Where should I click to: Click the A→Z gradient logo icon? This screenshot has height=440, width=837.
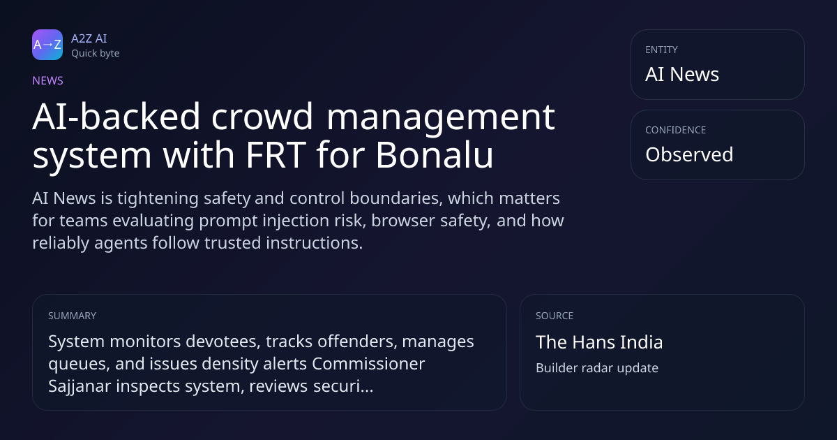coord(47,45)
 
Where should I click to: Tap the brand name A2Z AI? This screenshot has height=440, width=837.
coord(89,38)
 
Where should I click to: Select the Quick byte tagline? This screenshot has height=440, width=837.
coord(96,54)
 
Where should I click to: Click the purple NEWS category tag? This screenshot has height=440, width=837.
coord(48,81)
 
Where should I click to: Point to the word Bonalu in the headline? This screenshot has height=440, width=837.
coord(435,154)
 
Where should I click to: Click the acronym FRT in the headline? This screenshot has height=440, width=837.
coord(276,154)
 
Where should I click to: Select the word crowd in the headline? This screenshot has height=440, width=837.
coord(262,117)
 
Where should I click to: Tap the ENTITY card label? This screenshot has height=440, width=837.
coord(661,50)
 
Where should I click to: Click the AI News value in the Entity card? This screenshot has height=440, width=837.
coord(682,74)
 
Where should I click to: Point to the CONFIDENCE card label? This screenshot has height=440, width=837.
coord(676,130)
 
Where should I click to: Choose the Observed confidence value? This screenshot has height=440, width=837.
coord(689,154)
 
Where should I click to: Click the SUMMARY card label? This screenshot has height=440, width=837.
coord(72,316)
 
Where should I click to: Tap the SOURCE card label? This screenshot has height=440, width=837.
coord(555,316)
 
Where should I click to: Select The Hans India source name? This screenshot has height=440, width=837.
coord(599,342)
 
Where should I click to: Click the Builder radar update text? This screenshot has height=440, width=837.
coord(597,368)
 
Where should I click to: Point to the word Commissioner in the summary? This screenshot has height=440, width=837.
coord(368,364)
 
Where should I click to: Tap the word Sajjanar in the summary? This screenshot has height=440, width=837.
coord(80,386)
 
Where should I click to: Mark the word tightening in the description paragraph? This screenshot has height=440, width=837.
coord(158,198)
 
